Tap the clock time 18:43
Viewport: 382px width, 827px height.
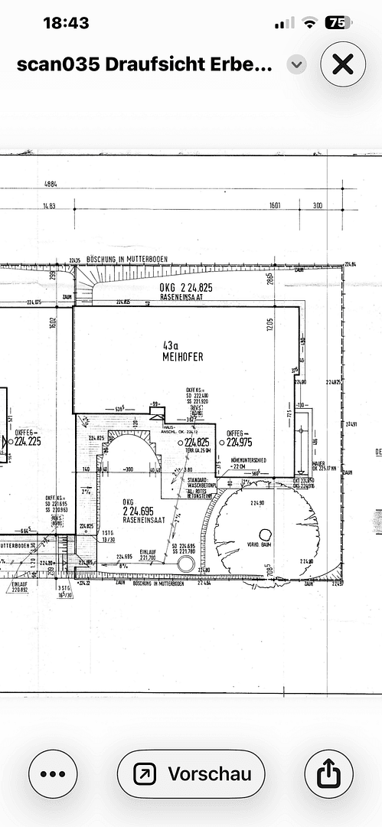[x=66, y=23]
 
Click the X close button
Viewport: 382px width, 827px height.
[x=342, y=64]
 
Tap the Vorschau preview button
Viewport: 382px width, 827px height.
[x=191, y=775]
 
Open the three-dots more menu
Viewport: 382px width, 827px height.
[x=53, y=775]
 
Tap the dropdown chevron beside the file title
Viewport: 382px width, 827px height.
[x=296, y=64]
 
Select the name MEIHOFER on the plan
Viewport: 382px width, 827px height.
[x=182, y=357]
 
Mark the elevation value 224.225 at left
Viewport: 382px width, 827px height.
[x=28, y=441]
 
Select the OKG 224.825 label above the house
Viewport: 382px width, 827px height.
[x=185, y=288]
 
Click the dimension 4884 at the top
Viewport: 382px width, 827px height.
[x=51, y=184]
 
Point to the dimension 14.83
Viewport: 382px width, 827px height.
[x=51, y=205]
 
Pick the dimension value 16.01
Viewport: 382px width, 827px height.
[x=276, y=205]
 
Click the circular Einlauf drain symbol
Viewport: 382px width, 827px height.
[x=184, y=564]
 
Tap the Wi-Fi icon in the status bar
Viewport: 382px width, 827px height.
[x=310, y=23]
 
